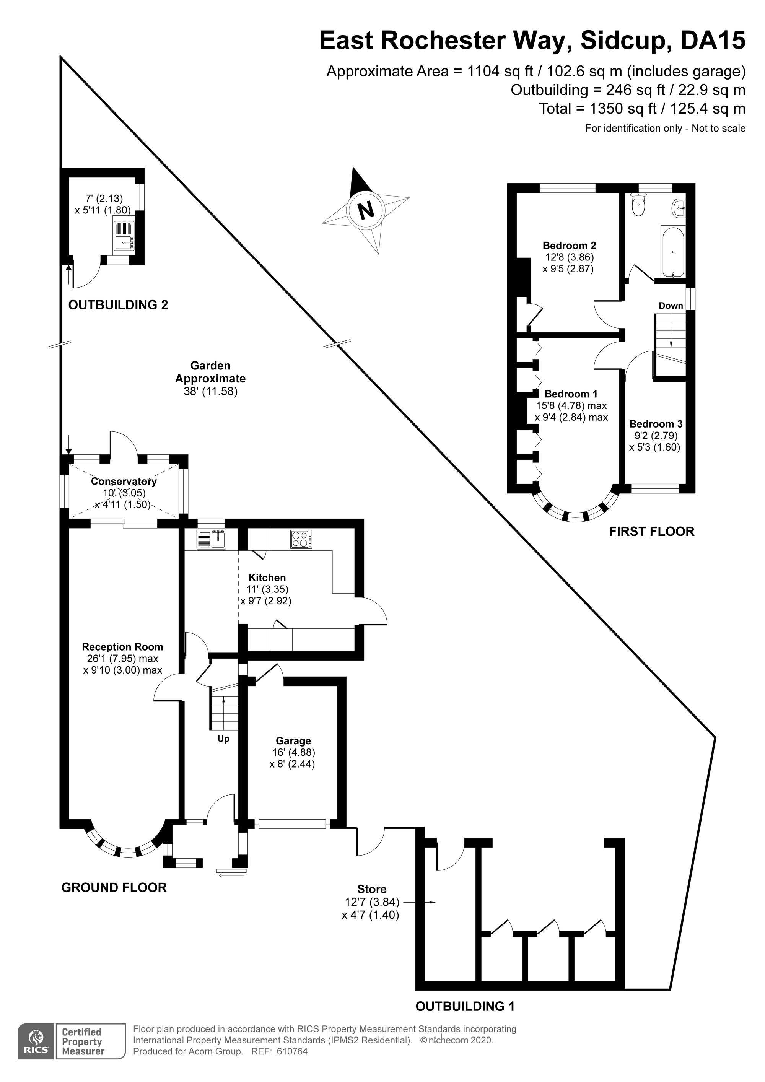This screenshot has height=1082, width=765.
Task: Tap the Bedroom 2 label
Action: click(x=570, y=246)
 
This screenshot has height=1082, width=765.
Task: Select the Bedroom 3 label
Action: click(x=656, y=424)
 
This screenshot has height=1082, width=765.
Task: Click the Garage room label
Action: click(x=293, y=741)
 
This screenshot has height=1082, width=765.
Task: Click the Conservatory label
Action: click(x=124, y=481)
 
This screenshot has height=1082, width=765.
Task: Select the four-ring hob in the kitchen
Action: click(x=301, y=539)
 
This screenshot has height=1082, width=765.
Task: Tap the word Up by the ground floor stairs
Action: click(x=223, y=739)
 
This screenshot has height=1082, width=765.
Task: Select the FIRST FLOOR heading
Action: click(x=651, y=532)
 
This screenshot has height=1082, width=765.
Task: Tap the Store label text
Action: click(x=372, y=889)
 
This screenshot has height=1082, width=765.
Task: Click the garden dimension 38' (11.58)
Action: click(x=211, y=391)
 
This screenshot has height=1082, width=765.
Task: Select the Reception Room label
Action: click(x=122, y=647)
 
